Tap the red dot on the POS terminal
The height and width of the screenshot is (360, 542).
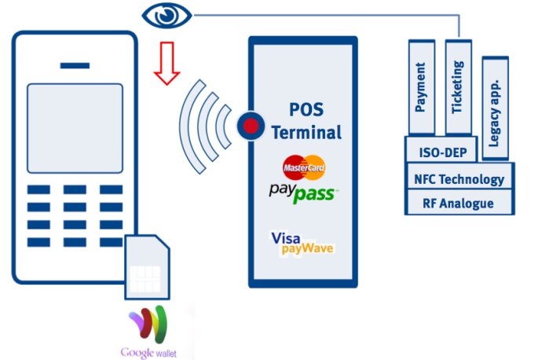coord(252,124)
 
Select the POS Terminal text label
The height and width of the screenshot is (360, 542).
coord(306,120)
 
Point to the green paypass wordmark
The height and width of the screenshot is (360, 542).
coord(302,192)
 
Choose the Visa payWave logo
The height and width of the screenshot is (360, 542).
coord(302,244)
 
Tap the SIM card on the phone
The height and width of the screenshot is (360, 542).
coord(147,266)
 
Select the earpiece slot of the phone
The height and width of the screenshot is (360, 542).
coord(75,64)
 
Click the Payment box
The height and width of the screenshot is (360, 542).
coord(420,89)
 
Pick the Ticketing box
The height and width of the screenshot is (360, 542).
coord(457,87)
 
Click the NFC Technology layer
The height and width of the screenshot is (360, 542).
coord(459,178)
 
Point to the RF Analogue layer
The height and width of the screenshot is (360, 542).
coord(459,203)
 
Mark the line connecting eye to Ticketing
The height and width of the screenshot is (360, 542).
coord(330,13)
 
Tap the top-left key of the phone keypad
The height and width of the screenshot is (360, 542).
coord(38,189)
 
